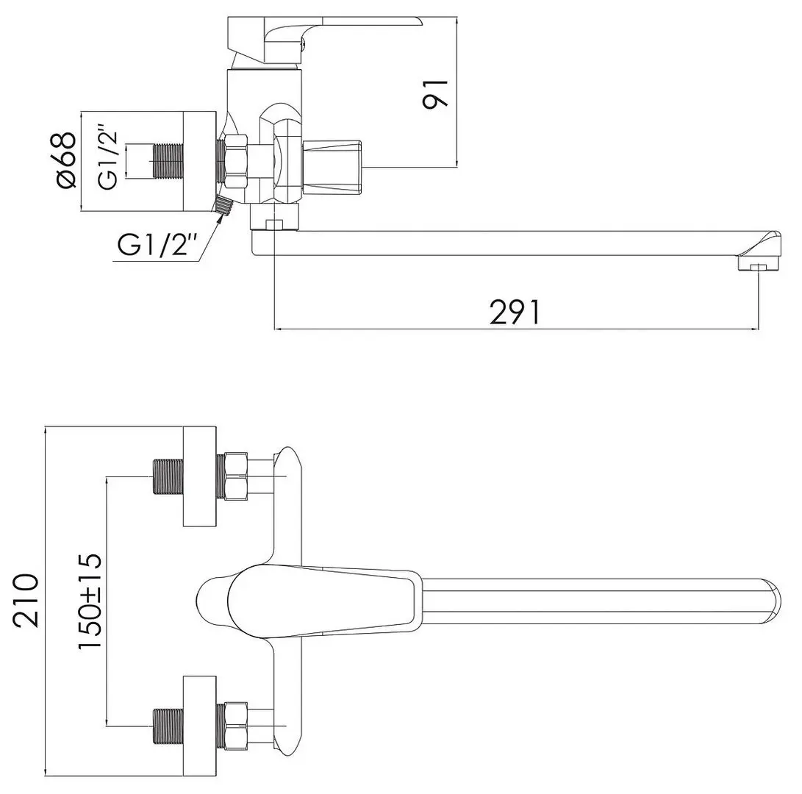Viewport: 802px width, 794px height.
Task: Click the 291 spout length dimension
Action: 515,312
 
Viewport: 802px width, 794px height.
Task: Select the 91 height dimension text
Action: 435,94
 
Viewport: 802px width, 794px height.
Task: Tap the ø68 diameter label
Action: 66,161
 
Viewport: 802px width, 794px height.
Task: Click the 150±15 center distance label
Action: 90,601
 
